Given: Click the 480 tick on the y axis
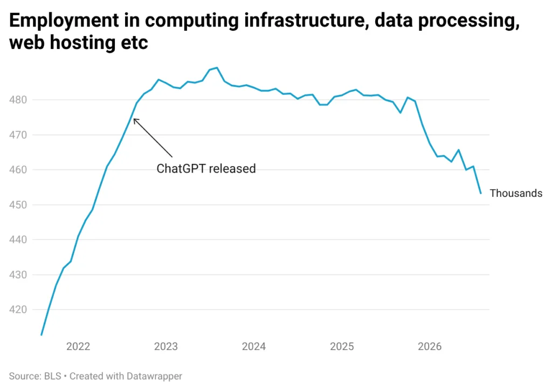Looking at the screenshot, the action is [x=18, y=100].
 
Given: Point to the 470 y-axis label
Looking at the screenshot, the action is [x=18, y=135].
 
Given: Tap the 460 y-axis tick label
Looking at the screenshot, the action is [x=18, y=170].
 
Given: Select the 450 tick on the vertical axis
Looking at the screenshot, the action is [x=18, y=204].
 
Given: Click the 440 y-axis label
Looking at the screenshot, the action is [x=18, y=239].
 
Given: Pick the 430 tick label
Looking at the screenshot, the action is [x=18, y=275].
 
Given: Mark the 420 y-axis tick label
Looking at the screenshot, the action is [x=18, y=310].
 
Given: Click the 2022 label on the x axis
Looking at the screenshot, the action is [x=78, y=347].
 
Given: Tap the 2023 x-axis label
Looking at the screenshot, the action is [x=166, y=347].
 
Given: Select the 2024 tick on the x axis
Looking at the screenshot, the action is [x=254, y=347].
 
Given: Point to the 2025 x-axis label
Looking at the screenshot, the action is [x=342, y=347].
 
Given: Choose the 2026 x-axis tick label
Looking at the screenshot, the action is [x=430, y=347].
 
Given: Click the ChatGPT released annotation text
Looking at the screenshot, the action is [x=206, y=169].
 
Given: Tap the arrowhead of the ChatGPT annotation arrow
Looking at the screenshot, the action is [x=134, y=119].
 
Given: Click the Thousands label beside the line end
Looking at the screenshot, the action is [x=516, y=194].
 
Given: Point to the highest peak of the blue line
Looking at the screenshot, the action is [x=217, y=67].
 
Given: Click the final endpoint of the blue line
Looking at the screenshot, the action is [x=481, y=194].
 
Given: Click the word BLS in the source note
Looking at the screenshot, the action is [x=53, y=376].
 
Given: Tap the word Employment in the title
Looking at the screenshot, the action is [x=64, y=21].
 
